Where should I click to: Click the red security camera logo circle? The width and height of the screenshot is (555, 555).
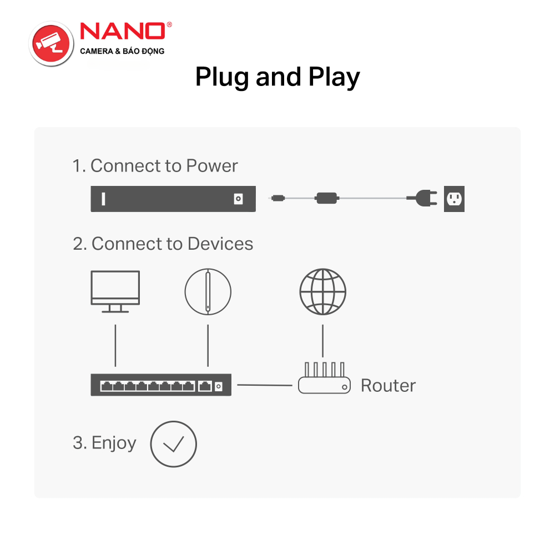click(51, 43)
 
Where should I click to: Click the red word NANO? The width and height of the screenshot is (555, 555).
click(123, 31)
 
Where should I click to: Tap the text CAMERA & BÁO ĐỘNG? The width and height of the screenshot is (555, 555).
click(122, 51)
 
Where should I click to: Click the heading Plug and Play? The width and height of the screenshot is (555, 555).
click(277, 77)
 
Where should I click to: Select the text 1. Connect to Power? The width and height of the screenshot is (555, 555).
click(155, 165)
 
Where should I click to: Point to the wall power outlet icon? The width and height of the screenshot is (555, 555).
click(454, 199)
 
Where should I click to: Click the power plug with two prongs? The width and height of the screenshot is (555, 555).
click(422, 198)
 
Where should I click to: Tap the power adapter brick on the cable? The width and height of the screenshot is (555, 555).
click(327, 198)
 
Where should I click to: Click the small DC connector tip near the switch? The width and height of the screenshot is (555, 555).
click(278, 198)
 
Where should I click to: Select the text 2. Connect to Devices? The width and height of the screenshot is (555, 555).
click(163, 244)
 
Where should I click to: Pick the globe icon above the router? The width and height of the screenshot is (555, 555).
click(322, 292)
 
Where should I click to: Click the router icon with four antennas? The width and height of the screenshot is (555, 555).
click(324, 378)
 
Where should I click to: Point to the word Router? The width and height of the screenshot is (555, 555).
click(389, 386)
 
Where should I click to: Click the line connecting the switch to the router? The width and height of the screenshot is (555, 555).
click(265, 385)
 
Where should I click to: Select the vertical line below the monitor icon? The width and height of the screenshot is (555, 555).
click(115, 345)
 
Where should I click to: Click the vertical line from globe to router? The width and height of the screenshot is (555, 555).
click(322, 341)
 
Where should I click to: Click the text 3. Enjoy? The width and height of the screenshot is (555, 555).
click(104, 443)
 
